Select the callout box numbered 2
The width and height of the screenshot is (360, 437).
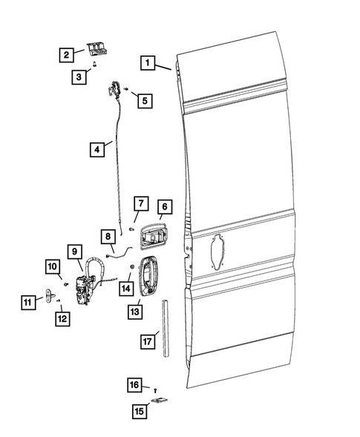tap(67, 54)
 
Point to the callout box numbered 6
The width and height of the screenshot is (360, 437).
tap(164, 207)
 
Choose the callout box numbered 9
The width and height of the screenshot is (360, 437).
tap(75, 252)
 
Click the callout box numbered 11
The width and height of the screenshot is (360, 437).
tap(28, 301)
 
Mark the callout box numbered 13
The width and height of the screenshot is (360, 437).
tap(134, 312)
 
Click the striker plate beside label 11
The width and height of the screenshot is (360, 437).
tap(53, 298)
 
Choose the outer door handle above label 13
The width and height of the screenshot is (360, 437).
tap(147, 274)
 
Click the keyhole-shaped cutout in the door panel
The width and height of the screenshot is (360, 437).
tap(217, 250)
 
